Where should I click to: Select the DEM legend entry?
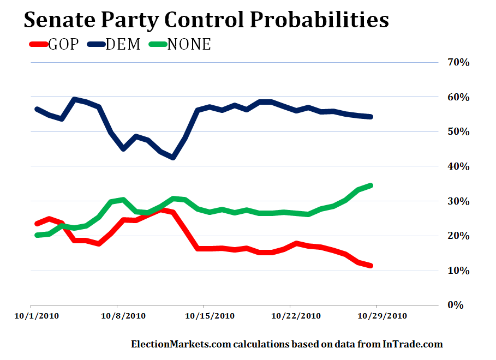116,44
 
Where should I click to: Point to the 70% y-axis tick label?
458,62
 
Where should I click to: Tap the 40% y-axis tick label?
458,166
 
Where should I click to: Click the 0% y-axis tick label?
461,305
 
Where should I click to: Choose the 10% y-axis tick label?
458,271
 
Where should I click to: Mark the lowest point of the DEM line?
173,158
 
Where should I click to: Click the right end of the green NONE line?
371,185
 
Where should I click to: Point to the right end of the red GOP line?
371,266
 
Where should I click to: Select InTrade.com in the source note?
412,344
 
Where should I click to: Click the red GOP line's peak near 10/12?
162,210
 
